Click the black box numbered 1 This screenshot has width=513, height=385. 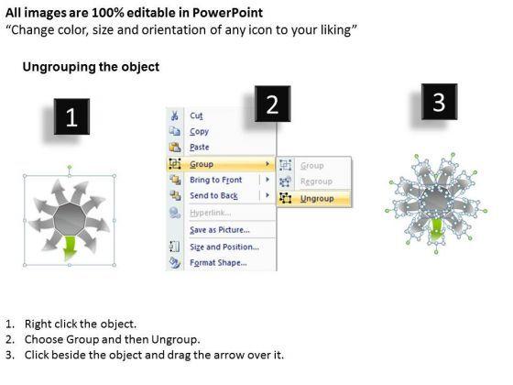tap(71, 116)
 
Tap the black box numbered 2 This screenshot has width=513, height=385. tap(273, 104)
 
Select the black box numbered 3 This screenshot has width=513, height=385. tap(439, 102)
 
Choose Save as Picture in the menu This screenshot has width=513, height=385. tap(220, 230)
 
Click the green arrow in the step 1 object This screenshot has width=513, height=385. tap(70, 247)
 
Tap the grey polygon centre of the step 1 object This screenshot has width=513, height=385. tap(70, 219)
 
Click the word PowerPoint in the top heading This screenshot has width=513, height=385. tap(227, 13)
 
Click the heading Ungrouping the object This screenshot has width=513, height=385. tap(91, 67)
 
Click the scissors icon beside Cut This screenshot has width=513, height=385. tap(174, 115)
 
